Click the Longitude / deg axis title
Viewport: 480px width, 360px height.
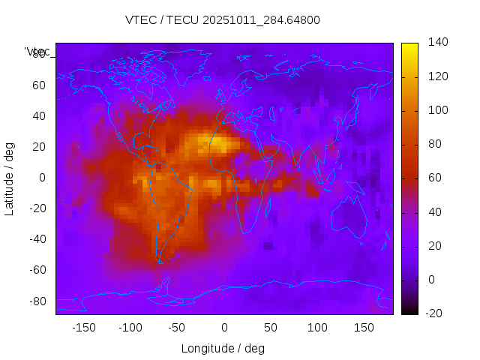(x=223, y=348)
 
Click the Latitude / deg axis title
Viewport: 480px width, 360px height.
(x=10, y=178)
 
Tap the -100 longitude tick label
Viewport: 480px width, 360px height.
(x=130, y=328)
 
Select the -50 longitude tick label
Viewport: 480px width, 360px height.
(x=177, y=328)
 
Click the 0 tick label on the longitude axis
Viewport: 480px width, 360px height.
(x=224, y=328)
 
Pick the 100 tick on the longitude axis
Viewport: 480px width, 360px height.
(x=317, y=328)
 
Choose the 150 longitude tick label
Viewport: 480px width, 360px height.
(x=364, y=328)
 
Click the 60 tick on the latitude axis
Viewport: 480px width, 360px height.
(x=39, y=85)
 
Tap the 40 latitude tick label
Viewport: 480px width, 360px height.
(x=39, y=115)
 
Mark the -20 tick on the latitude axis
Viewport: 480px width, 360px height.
(x=37, y=208)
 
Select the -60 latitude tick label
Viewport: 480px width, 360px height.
(x=37, y=270)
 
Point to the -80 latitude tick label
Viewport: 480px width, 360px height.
(x=37, y=301)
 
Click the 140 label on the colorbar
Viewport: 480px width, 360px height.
(x=438, y=43)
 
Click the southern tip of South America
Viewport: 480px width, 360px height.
(x=160, y=262)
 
